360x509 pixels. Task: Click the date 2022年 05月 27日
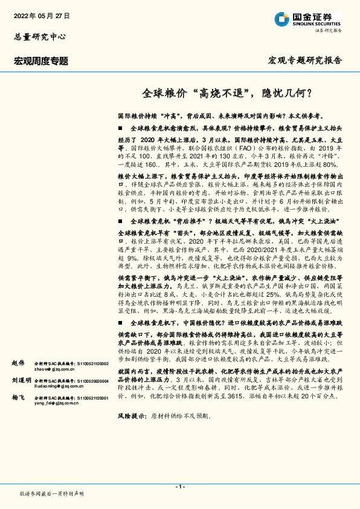click(41, 15)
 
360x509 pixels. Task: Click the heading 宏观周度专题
click(41, 61)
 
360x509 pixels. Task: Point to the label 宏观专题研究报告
click(304, 60)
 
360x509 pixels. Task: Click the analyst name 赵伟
click(18, 362)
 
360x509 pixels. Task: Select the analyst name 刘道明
click(21, 380)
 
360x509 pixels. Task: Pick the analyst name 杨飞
click(18, 399)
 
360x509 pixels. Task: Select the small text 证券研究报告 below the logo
click(326, 30)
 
